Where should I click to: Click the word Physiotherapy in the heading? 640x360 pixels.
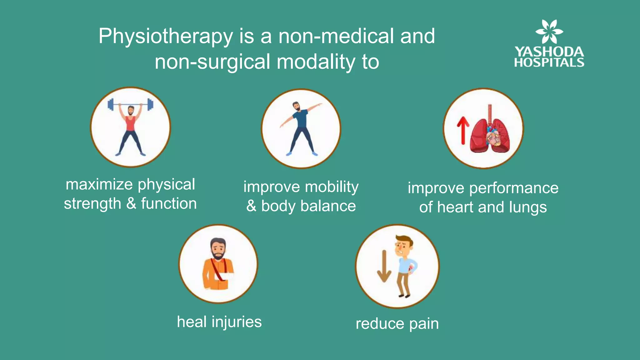pos(166,37)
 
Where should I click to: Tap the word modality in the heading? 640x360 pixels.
pos(316,62)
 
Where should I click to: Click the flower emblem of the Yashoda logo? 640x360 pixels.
pos(549,31)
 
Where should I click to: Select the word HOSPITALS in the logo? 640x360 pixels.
pos(549,62)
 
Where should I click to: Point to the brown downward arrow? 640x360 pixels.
pos(384,266)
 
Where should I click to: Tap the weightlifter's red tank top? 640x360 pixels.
pos(131,124)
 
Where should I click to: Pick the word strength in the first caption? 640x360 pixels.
pos(92,204)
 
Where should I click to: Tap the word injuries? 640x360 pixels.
pos(237,322)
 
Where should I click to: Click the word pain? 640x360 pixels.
pos(424,324)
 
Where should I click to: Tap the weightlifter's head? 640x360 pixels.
pos(131,110)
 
